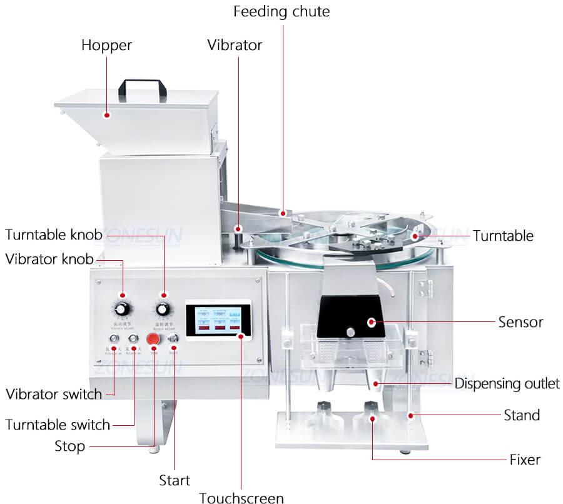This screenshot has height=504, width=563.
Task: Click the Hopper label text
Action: tap(106, 45)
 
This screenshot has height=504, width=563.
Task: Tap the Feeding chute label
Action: tap(281, 11)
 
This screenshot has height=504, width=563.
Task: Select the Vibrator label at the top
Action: tap(235, 45)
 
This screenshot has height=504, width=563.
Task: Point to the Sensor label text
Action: tap(520, 323)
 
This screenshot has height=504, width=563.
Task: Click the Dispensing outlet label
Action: tap(507, 383)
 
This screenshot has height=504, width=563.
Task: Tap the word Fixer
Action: tap(524, 460)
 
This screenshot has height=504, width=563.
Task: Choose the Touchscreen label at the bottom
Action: tap(241, 498)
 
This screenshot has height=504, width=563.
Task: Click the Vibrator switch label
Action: tap(54, 394)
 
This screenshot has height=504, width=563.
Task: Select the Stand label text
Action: tap(522, 415)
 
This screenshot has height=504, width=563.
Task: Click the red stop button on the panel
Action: tap(153, 339)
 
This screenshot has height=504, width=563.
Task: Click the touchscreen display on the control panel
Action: tap(218, 320)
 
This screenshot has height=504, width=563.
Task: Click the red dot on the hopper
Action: tap(108, 115)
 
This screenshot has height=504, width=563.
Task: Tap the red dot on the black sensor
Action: tap(372, 323)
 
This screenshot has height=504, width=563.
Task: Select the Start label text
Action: tap(175, 480)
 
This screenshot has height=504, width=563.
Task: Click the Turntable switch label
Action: tap(58, 425)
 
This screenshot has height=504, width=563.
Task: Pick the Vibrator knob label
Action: tap(49, 259)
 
